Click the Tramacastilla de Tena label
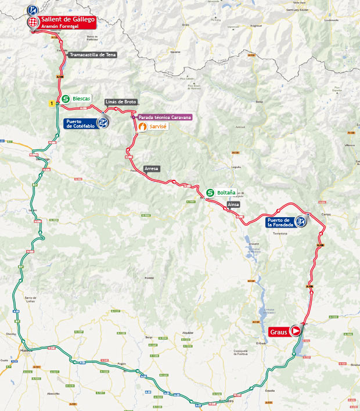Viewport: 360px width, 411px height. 92,55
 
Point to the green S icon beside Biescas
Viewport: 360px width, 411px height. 66,99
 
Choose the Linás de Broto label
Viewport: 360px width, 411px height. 120,102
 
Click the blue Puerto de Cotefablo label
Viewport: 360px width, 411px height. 80,123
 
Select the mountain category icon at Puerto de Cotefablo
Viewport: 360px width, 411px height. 103,122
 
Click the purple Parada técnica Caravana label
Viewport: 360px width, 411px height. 164,117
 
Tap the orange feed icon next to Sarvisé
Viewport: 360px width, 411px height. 142,125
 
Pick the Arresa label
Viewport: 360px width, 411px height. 151,168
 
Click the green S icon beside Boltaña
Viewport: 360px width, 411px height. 210,192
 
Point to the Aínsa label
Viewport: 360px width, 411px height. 233,204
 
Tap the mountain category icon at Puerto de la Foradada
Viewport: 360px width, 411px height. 301,221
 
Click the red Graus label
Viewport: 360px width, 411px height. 279,332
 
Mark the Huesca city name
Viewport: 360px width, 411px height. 23,351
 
